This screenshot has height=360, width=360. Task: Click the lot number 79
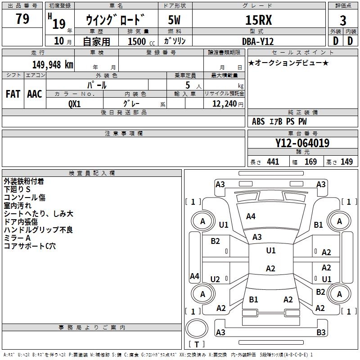(22, 19)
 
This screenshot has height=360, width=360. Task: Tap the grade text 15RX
(259, 20)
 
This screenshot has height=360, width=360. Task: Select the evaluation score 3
(343, 21)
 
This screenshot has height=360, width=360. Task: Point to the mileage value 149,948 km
(53, 64)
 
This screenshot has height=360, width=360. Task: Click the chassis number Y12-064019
(302, 144)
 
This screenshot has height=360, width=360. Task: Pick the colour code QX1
(75, 103)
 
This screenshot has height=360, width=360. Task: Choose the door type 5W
(175, 20)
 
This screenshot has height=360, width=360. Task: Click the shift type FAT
(13, 94)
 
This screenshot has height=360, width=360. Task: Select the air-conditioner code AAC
(35, 94)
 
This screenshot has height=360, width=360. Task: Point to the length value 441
(273, 162)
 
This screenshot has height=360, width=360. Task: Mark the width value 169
(310, 162)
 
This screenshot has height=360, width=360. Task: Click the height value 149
(346, 162)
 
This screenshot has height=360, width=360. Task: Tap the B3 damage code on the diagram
(321, 333)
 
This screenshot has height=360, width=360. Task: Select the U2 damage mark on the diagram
(215, 279)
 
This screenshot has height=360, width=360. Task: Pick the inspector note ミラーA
(17, 238)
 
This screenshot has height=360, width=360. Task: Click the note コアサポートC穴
(30, 246)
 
